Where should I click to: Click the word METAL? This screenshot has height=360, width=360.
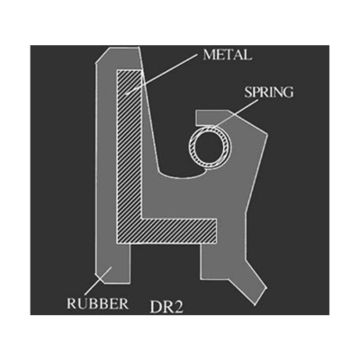227,55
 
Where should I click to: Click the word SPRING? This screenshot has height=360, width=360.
268,92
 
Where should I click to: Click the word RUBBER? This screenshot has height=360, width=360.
98,303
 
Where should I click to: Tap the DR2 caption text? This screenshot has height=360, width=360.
166,307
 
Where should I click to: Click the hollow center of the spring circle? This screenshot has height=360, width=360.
211,147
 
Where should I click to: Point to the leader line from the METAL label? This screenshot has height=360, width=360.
162,75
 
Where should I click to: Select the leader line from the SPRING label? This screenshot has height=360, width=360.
237,113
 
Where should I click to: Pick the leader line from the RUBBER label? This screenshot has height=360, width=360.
98,281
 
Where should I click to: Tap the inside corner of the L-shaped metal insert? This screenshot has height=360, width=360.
142,219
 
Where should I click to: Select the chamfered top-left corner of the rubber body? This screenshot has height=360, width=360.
103,56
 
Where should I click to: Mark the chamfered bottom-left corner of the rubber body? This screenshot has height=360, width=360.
99,278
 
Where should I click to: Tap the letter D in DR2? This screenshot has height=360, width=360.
155,307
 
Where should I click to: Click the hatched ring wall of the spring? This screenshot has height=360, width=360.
211,129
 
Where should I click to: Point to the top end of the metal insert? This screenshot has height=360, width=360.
129,70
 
